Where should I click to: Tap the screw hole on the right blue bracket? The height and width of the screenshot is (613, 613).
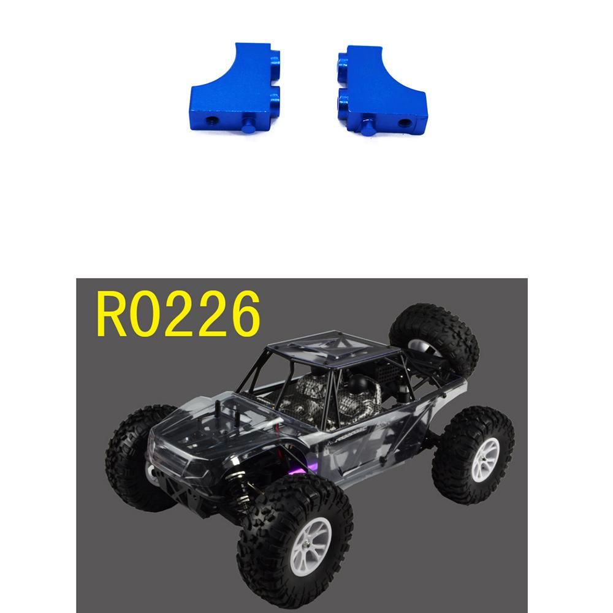pos(403,123)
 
